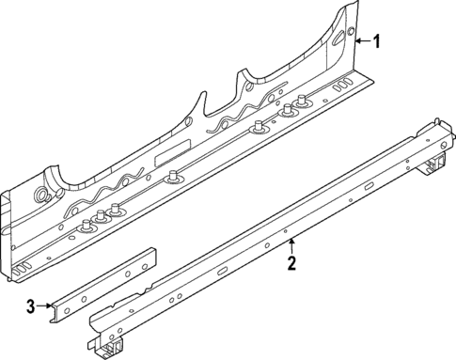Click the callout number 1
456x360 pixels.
[377, 41]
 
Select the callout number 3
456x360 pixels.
[31, 305]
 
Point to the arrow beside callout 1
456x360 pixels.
[361, 41]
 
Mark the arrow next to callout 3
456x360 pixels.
[47, 305]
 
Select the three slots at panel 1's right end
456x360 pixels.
[345, 86]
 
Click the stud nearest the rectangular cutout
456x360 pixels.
[174, 175]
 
